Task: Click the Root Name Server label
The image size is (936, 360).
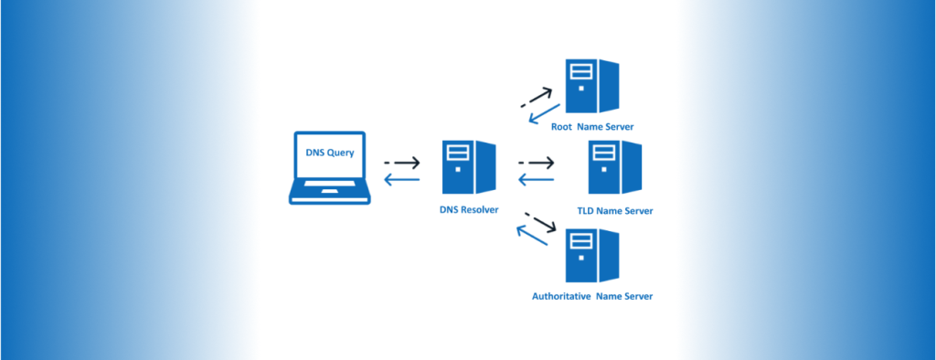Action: click(591, 126)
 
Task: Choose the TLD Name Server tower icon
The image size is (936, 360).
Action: click(614, 168)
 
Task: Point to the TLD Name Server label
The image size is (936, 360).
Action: click(614, 211)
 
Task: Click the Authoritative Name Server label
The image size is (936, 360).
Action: click(591, 296)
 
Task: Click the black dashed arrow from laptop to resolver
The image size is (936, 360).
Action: click(401, 164)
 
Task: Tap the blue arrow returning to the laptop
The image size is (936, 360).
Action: click(401, 180)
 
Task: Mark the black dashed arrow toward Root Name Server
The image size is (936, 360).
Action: click(537, 97)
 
